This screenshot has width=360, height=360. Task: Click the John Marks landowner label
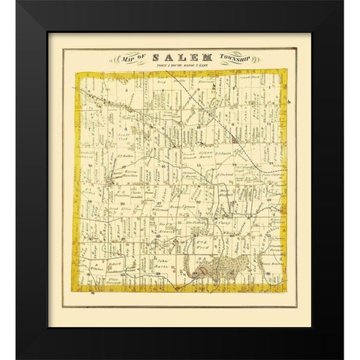pos(160,263)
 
